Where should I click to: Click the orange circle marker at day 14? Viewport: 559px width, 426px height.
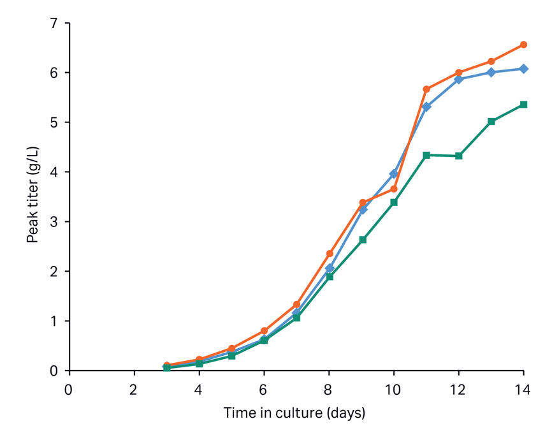pyautogui.click(x=523, y=45)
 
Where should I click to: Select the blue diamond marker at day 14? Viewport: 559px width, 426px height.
pyautogui.click(x=523, y=69)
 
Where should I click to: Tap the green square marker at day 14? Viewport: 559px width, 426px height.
pyautogui.click(x=523, y=105)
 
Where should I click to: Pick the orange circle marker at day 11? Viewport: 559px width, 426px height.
pyautogui.click(x=426, y=89)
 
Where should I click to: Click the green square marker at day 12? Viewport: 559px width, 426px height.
pyautogui.click(x=459, y=156)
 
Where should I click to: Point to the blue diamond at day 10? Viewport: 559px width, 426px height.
pyautogui.click(x=394, y=173)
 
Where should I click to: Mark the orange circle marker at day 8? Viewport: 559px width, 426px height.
pyautogui.click(x=330, y=254)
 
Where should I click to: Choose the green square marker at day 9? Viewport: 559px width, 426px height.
pyautogui.click(x=362, y=240)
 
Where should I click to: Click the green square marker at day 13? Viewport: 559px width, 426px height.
pyautogui.click(x=491, y=121)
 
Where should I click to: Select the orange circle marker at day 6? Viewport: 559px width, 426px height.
pyautogui.click(x=264, y=331)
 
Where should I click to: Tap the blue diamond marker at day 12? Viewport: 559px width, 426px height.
pyautogui.click(x=459, y=79)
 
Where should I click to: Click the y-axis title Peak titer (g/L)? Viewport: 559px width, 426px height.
pyautogui.click(x=32, y=196)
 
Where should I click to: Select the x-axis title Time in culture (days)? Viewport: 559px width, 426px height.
pyautogui.click(x=294, y=413)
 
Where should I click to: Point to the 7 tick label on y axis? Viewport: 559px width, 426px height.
pyautogui.click(x=54, y=24)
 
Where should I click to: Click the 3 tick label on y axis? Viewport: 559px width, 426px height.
pyautogui.click(x=54, y=222)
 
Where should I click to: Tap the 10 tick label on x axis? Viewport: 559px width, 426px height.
pyautogui.click(x=394, y=388)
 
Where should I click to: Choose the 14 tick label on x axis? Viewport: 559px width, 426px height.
pyautogui.click(x=523, y=388)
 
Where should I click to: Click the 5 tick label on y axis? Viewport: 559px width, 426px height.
pyautogui.click(x=54, y=122)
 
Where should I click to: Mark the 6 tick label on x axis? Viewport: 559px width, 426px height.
pyautogui.click(x=264, y=388)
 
